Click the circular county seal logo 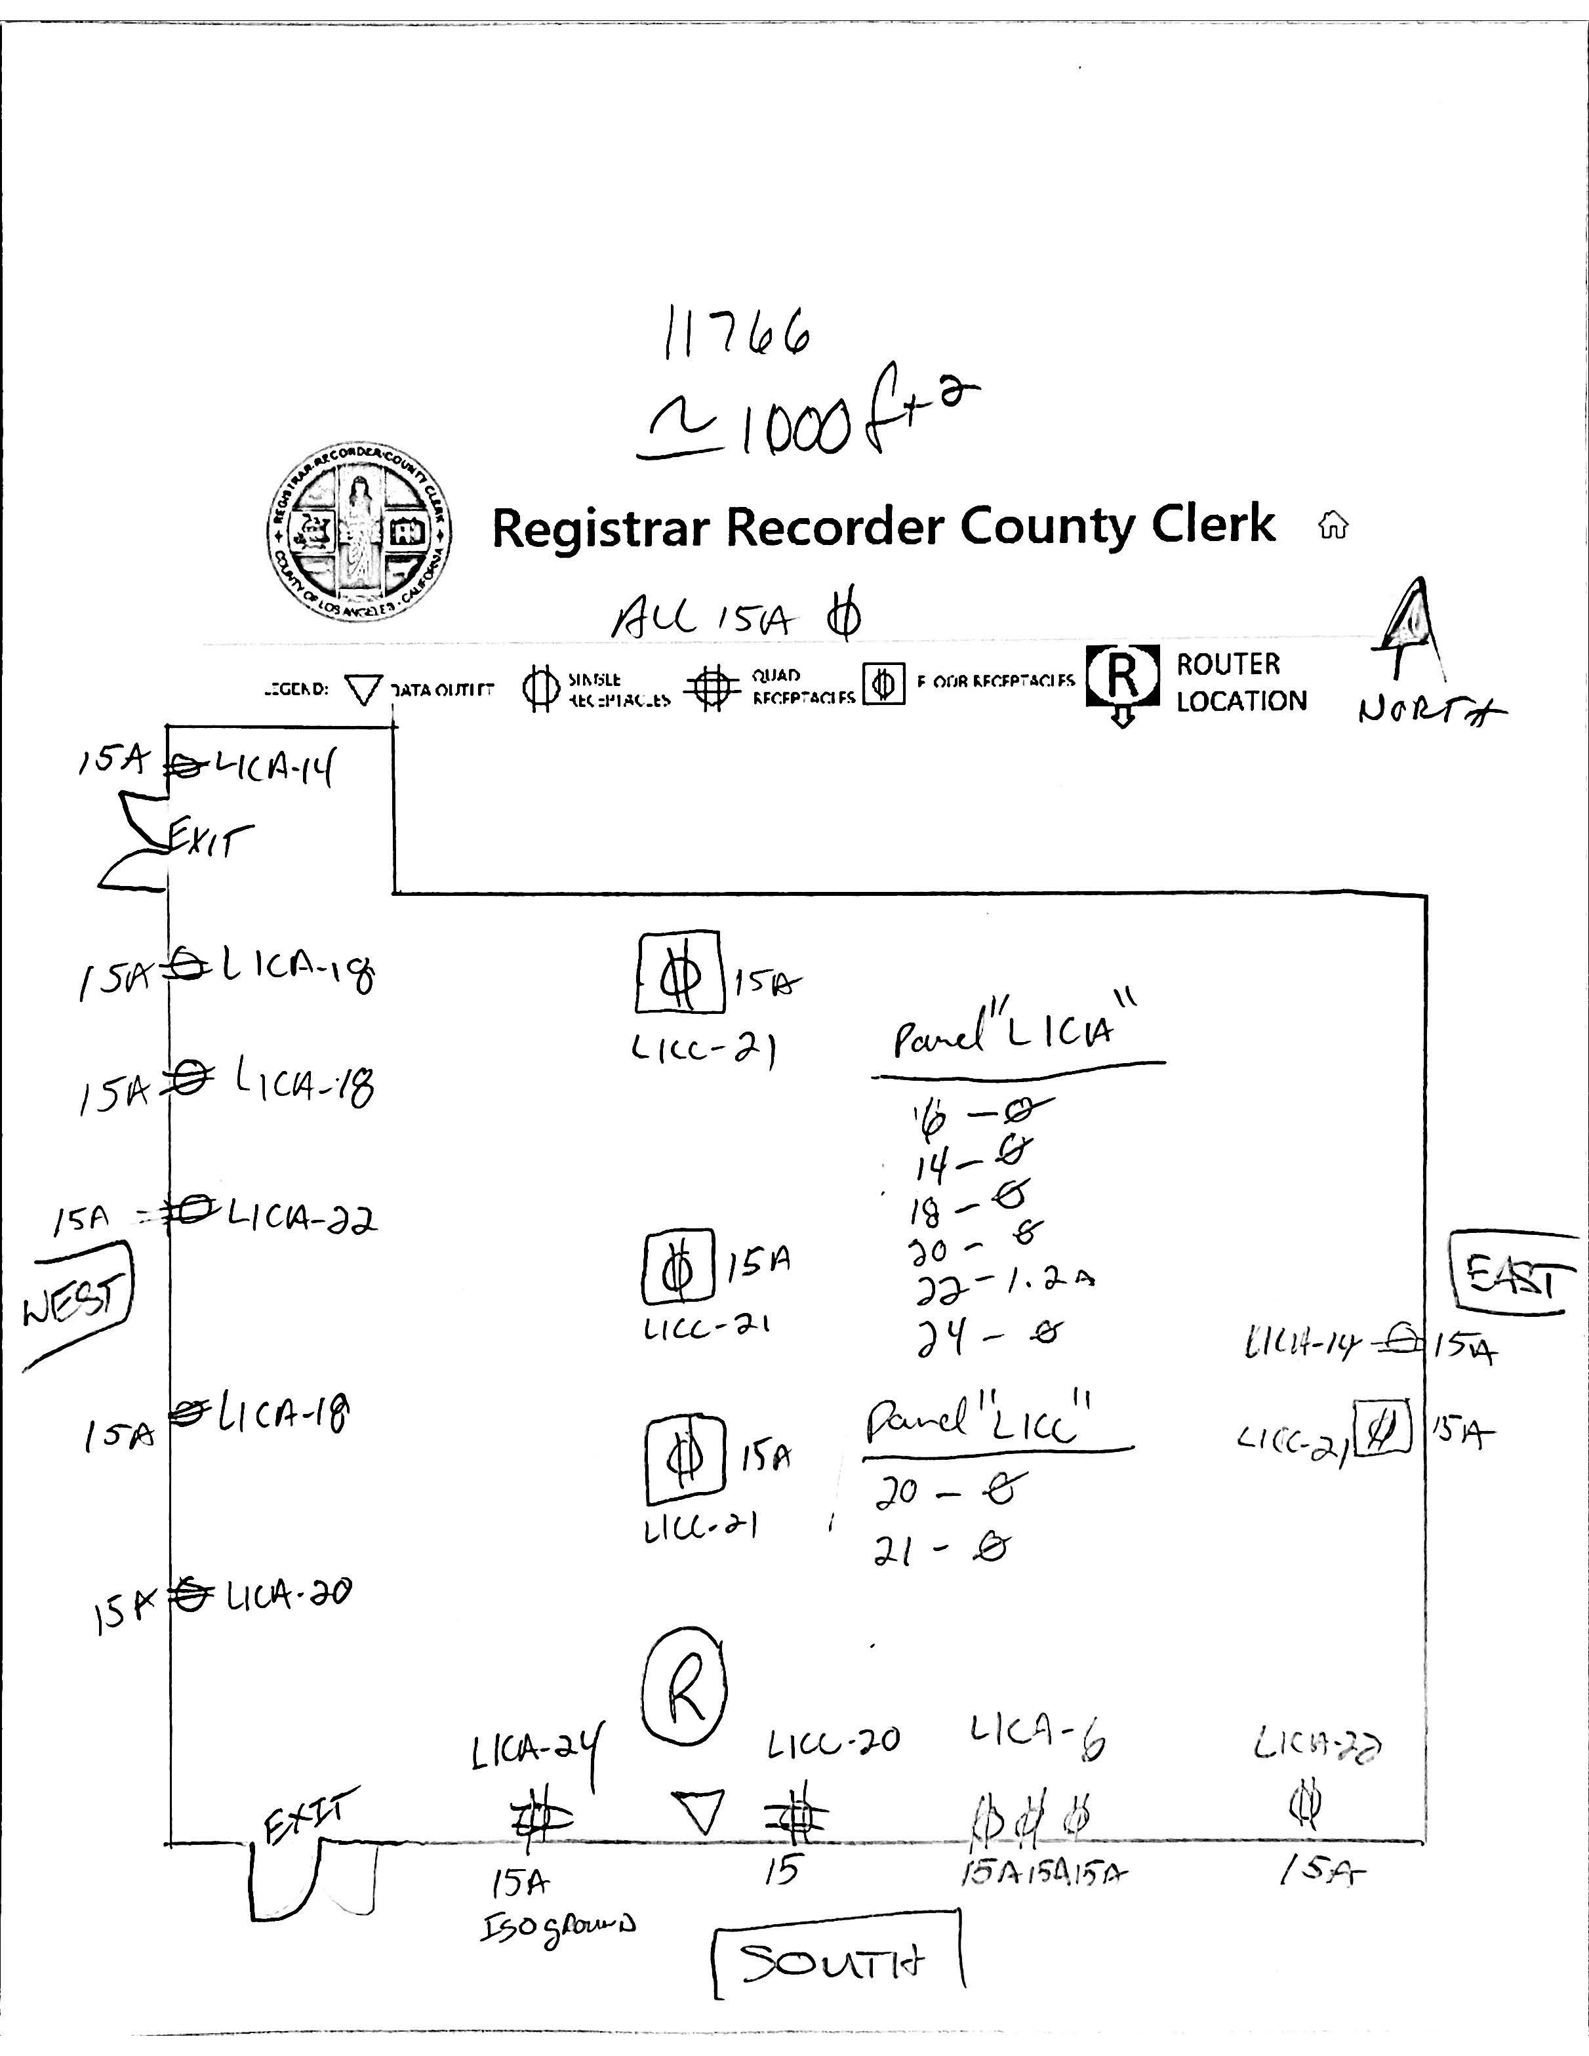[x=357, y=532]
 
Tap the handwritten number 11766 [x=737, y=333]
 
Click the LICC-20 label [x=833, y=1743]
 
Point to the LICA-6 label [x=1036, y=1735]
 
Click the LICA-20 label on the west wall [x=289, y=1594]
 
